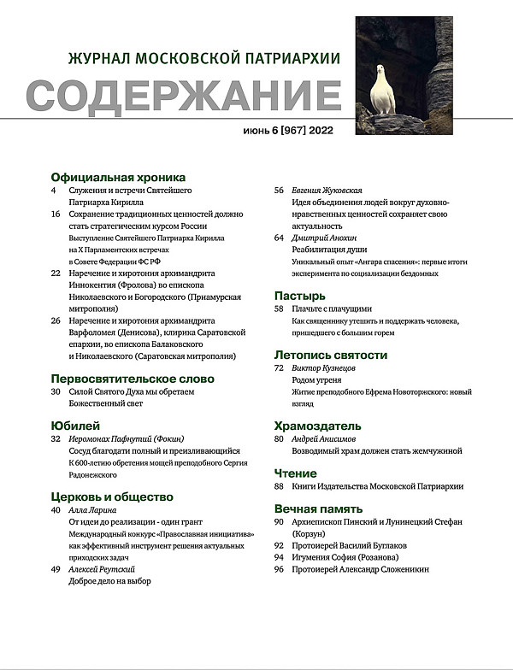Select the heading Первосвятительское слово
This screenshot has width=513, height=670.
pos(133,378)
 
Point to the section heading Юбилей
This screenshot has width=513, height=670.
pos(76,425)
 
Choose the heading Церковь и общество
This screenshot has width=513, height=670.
pos(112,497)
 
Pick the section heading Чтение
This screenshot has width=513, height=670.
pos(295,473)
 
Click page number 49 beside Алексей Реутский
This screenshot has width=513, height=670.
pos(56,568)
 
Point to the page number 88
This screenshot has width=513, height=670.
pos(279,485)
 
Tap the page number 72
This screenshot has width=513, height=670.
pos(279,367)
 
